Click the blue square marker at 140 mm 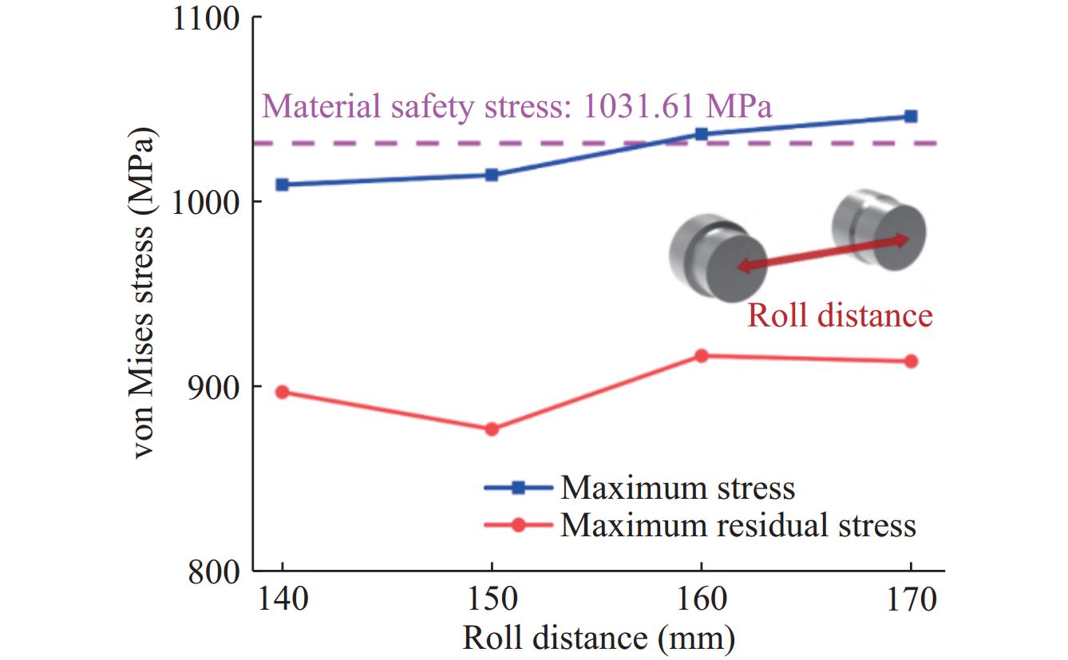(282, 184)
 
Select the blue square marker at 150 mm (492, 175)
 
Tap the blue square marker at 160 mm (702, 134)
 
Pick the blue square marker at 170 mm (911, 117)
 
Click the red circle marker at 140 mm (282, 392)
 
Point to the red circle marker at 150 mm (492, 429)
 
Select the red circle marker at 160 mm (702, 356)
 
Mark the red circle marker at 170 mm (911, 362)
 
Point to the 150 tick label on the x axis (492, 600)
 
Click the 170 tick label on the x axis (911, 600)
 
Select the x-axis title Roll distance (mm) (598, 638)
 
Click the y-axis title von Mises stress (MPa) (144, 294)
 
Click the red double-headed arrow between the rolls (822, 254)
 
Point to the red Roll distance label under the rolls (840, 316)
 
